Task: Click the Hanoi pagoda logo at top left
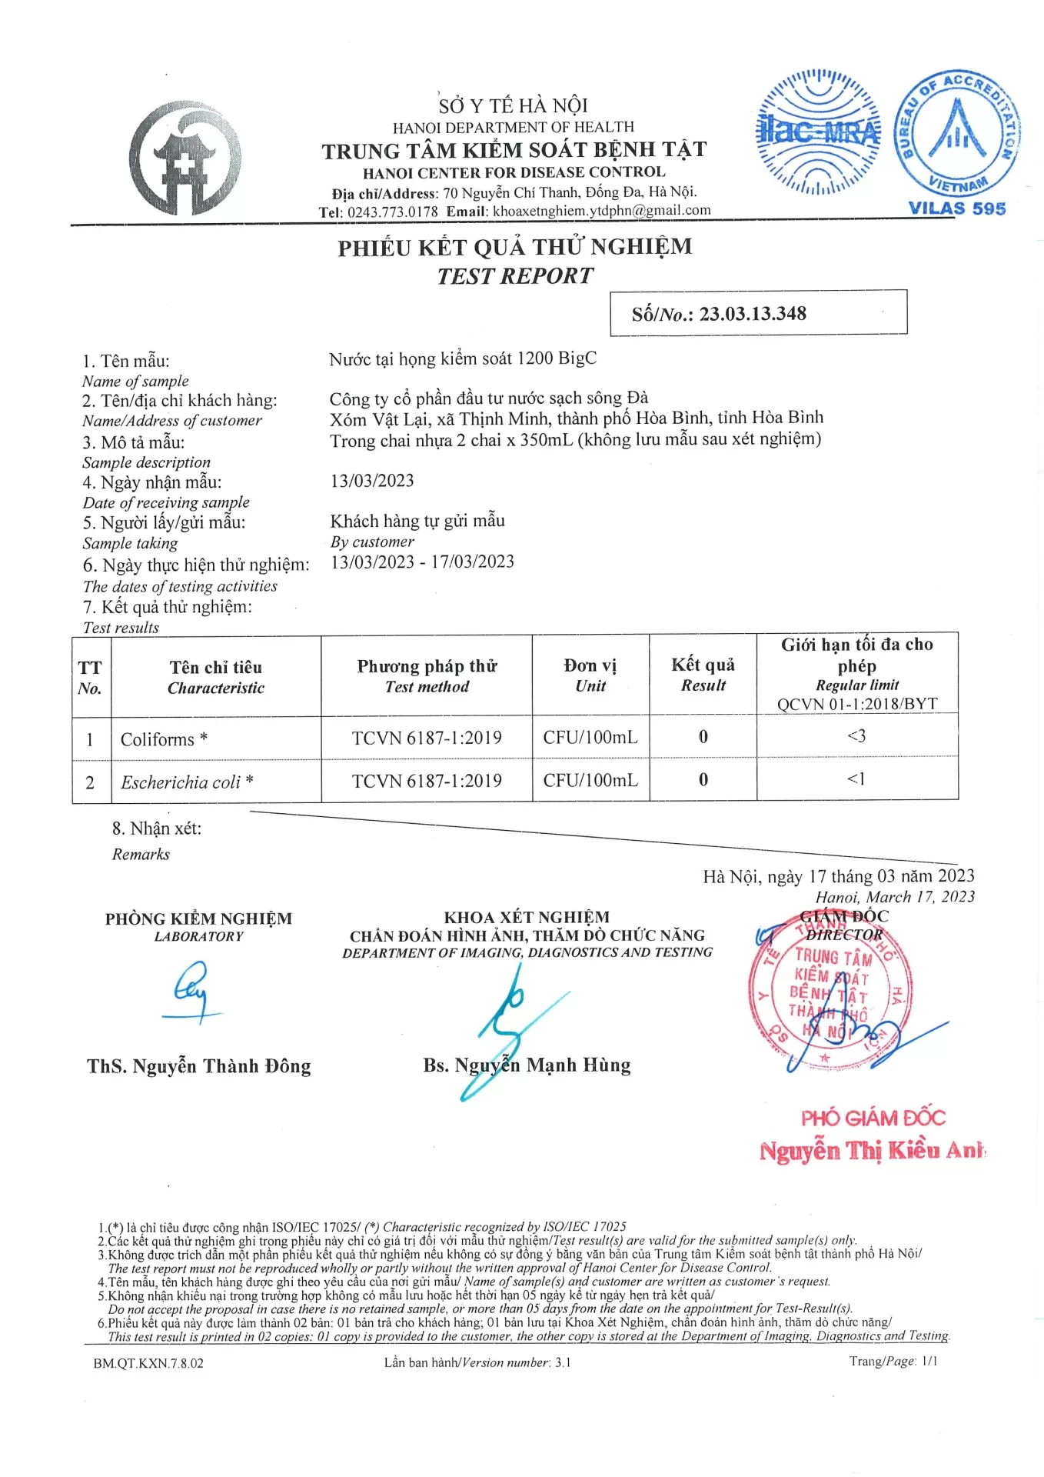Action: pos(185,158)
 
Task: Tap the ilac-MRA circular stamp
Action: pos(820,132)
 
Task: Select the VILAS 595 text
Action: pos(956,208)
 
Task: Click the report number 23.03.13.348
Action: pos(753,314)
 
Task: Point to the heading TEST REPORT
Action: pos(515,276)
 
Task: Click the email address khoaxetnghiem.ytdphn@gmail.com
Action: pos(602,211)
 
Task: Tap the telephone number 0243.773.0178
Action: pos(392,212)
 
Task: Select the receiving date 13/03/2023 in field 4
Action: pos(372,481)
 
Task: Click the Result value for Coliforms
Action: pos(703,737)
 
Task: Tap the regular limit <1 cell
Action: pos(856,779)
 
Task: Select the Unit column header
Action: pos(590,675)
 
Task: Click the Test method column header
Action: pos(427,675)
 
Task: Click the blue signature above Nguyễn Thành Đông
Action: pos(191,992)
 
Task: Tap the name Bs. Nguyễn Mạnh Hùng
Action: pos(527,1065)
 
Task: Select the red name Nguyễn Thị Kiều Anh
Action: pos(872,1151)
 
